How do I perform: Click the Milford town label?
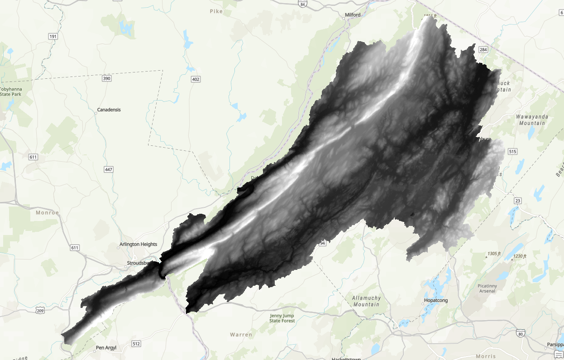pyautogui.click(x=353, y=15)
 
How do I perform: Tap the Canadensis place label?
pyautogui.click(x=109, y=110)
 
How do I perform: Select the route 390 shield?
pyautogui.click(x=106, y=79)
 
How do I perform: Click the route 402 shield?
pyautogui.click(x=196, y=80)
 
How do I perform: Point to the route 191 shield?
pyautogui.click(x=53, y=36)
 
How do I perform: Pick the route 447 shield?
pyautogui.click(x=108, y=169)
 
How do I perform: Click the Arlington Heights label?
pyautogui.click(x=138, y=245)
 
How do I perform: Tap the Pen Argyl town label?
pyautogui.click(x=106, y=348)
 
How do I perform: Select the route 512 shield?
pyautogui.click(x=136, y=344)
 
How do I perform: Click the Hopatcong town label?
pyautogui.click(x=435, y=300)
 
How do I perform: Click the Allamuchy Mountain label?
pyautogui.click(x=367, y=301)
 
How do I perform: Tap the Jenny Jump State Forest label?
pyautogui.click(x=282, y=318)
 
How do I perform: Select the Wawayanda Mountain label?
pyautogui.click(x=532, y=120)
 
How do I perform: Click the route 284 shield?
pyautogui.click(x=483, y=49)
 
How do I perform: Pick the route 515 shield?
pyautogui.click(x=512, y=151)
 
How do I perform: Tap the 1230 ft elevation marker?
pyautogui.click(x=519, y=257)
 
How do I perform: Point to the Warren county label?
pyautogui.click(x=241, y=335)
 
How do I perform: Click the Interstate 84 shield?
pyautogui.click(x=303, y=4)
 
